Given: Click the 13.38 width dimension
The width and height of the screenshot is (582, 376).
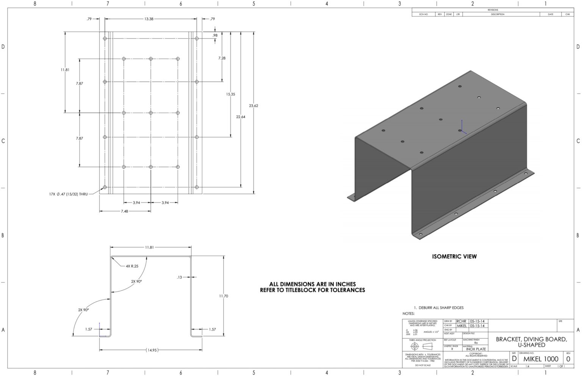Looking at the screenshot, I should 149,19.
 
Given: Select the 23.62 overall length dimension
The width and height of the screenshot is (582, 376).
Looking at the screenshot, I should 253,106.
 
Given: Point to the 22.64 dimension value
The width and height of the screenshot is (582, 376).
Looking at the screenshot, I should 241,117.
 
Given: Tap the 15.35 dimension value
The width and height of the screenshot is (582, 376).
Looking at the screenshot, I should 230,94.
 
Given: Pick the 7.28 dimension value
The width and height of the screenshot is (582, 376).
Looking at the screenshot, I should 222,58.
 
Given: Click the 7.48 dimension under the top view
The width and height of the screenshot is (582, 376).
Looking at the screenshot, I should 124,211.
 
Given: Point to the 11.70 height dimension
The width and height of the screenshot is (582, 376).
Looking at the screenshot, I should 224,296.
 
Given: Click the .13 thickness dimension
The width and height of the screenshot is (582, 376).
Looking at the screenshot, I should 180,277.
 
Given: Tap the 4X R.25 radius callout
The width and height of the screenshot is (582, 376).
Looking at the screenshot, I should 132,266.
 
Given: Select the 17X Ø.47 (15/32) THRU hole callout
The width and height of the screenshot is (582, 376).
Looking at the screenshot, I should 68,194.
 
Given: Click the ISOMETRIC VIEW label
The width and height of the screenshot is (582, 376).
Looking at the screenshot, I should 454,256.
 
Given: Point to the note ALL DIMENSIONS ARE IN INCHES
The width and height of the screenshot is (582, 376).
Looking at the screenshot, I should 312,284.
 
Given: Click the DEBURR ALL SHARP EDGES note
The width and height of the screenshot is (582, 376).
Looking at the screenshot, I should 441,307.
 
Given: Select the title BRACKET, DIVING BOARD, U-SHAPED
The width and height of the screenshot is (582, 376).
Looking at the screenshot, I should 531,342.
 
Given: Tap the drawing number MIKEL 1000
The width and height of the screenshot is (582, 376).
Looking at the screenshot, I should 541,359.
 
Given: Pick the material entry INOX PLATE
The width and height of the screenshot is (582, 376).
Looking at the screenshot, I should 476,349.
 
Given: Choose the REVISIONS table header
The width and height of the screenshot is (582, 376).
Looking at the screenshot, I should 493,10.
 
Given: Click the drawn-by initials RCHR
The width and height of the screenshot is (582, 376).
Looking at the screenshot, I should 461,321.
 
